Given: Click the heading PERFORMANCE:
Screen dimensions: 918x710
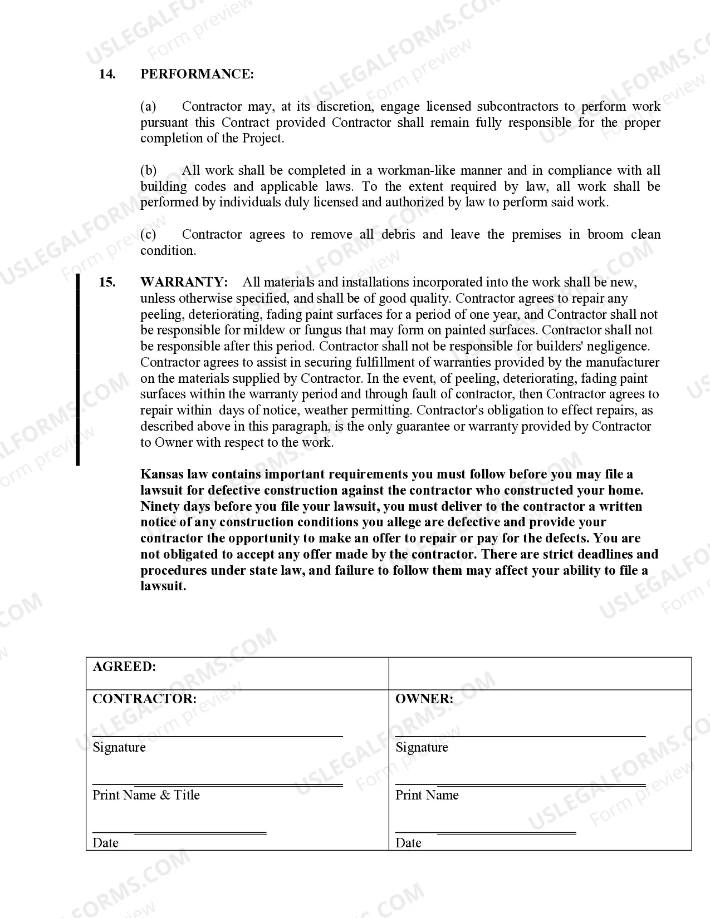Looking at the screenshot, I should tap(197, 75).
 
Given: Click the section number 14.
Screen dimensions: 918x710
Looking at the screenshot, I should tap(107, 75).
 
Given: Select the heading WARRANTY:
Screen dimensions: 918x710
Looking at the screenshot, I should tap(184, 282).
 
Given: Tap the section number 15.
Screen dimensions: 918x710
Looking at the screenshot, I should tap(107, 282).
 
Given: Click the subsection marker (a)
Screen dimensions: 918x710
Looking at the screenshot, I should tap(148, 106).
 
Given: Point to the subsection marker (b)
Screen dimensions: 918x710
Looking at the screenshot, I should tap(148, 170).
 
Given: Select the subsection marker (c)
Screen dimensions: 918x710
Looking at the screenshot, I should tap(148, 234).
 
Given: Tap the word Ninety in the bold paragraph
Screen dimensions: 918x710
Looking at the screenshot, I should tap(160, 506).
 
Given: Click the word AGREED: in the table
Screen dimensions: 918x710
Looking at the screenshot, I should tap(124, 667).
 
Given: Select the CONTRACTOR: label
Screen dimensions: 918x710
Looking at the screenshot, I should tap(144, 699).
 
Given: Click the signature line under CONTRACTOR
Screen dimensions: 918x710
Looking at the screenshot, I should tap(217, 736).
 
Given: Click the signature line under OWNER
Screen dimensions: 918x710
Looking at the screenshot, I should tap(520, 736).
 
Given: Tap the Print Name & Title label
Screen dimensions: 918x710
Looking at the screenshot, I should tap(146, 795).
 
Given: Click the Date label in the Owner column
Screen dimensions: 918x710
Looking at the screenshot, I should tap(408, 843).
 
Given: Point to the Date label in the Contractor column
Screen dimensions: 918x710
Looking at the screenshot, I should tap(105, 843).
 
